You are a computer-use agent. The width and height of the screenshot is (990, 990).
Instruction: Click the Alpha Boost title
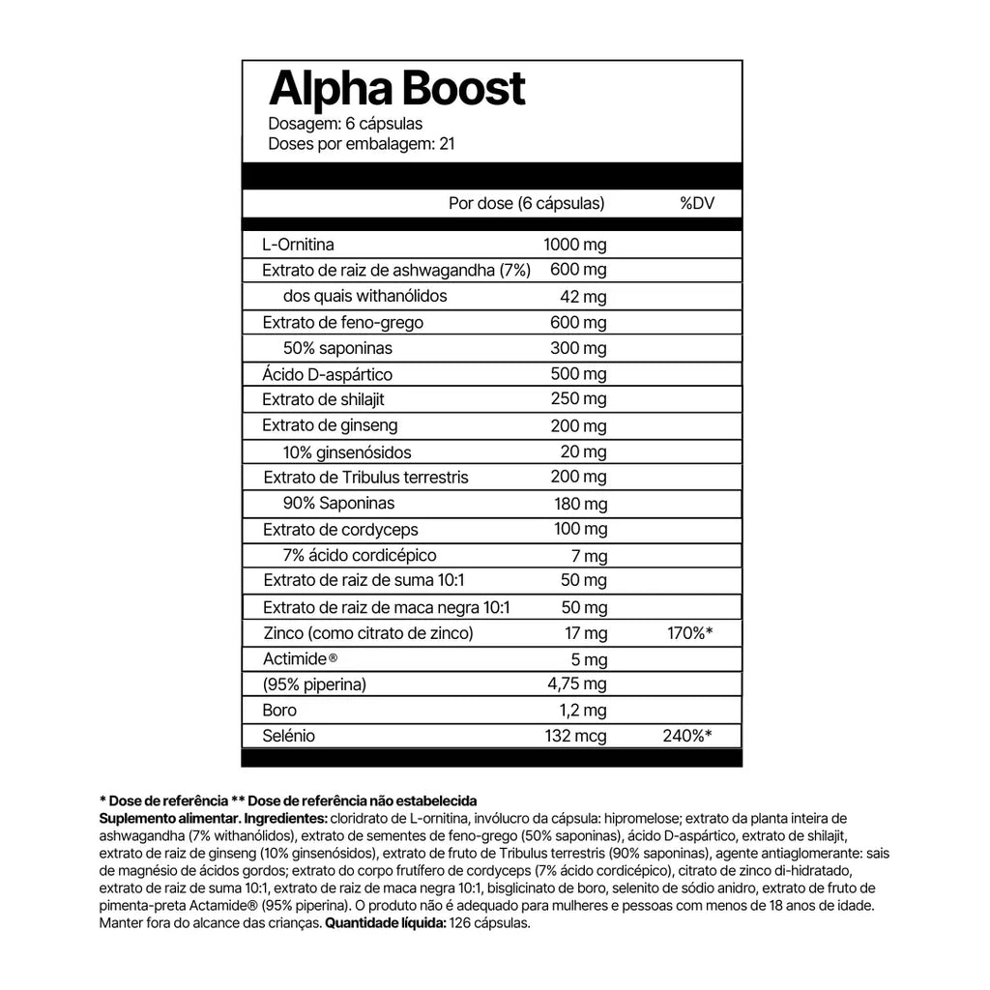pyautogui.click(x=396, y=90)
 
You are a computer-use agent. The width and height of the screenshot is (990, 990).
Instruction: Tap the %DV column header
pyautogui.click(x=696, y=204)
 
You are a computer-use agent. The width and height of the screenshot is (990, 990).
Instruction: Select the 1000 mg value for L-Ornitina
pyautogui.click(x=575, y=245)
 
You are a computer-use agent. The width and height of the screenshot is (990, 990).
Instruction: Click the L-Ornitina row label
pyautogui.click(x=299, y=245)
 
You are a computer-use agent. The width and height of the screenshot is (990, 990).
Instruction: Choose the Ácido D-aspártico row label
pyautogui.click(x=313, y=374)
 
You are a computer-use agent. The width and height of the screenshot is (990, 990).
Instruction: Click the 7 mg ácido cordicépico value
pyautogui.click(x=589, y=556)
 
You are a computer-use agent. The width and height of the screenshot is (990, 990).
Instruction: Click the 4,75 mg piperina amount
pyautogui.click(x=577, y=685)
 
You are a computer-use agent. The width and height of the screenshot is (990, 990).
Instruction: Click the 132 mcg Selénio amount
pyautogui.click(x=577, y=737)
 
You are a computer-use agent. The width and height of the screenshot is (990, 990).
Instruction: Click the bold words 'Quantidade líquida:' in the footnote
pyautogui.click(x=384, y=923)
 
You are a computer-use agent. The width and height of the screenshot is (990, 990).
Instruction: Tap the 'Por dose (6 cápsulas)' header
pyautogui.click(x=527, y=204)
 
